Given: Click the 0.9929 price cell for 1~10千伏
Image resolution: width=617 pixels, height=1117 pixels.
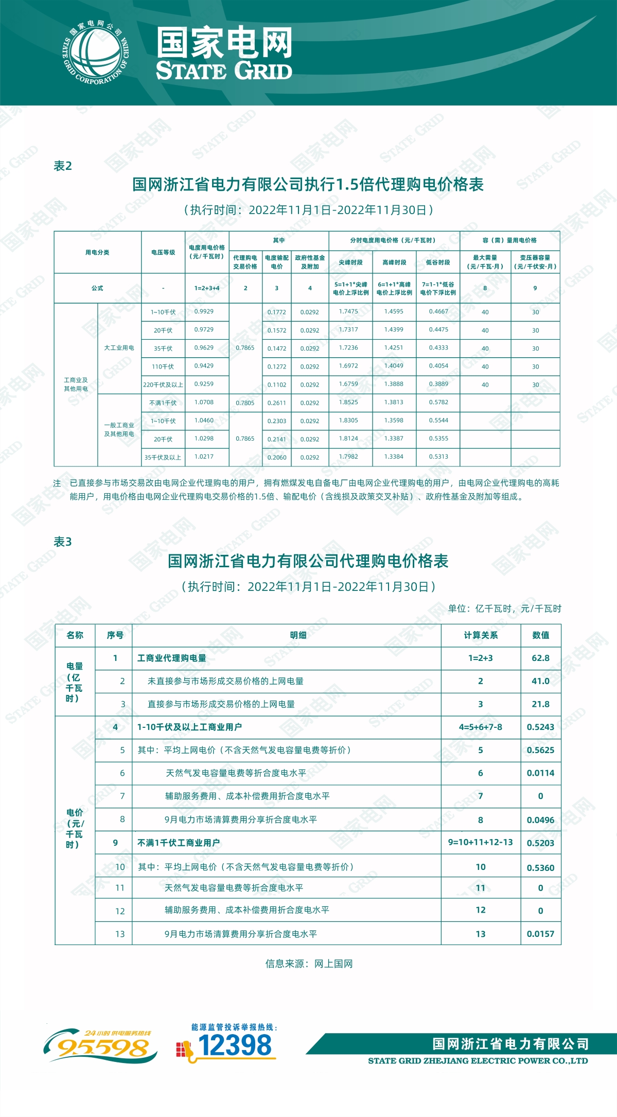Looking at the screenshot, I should [204, 311].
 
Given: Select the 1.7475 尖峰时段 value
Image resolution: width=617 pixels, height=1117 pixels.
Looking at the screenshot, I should [348, 311].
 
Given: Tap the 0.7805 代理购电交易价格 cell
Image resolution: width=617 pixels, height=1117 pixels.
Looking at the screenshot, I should [245, 403].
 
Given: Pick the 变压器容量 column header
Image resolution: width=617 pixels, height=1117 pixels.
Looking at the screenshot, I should [535, 262].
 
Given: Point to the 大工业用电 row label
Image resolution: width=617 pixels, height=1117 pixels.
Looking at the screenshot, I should [119, 348].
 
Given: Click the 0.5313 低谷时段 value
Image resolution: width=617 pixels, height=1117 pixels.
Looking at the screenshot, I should [438, 457].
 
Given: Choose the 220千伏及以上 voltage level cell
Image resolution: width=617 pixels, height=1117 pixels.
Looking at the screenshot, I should [163, 385].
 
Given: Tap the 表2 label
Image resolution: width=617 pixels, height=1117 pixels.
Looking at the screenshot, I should [63, 166].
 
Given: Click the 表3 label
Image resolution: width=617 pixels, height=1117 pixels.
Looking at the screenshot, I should [63, 542].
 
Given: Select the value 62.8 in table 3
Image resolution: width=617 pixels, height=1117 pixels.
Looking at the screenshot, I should [540, 658].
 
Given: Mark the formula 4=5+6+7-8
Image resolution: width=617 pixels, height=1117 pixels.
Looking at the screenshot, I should [480, 727].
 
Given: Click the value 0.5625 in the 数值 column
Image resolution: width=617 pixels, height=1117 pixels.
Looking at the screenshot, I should [540, 750].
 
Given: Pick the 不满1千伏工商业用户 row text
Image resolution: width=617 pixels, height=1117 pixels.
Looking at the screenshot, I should [179, 843].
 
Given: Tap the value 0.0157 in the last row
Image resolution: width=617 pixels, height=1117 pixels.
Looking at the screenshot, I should [540, 934].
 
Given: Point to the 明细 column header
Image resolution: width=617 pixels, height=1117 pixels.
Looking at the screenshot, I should [298, 635].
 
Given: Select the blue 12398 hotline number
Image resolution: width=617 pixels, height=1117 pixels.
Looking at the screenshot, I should [234, 1046].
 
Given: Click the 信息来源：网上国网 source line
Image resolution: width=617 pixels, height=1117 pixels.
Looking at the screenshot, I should [309, 964].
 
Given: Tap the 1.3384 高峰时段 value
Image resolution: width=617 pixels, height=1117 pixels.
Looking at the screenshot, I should [394, 457].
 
